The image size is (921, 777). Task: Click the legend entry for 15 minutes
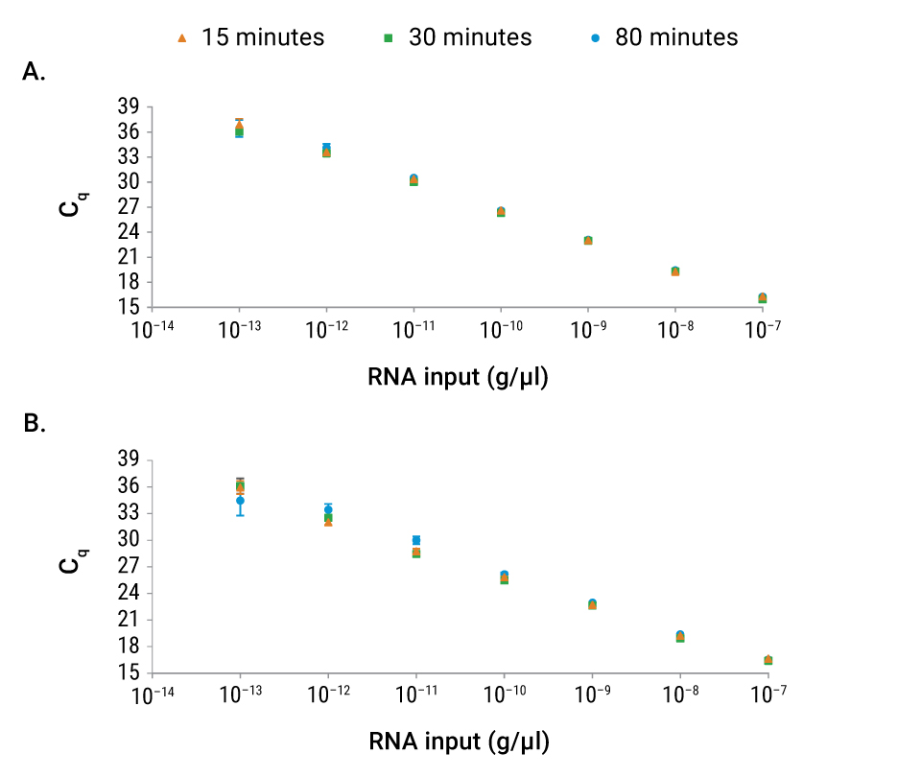[252, 37]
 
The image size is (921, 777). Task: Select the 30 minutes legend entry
[459, 37]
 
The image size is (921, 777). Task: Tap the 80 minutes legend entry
[665, 37]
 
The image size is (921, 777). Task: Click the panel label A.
[34, 73]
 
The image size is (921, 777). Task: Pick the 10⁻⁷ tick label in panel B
[768, 696]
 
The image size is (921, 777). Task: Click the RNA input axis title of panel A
[458, 377]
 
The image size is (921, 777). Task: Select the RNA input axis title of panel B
[458, 742]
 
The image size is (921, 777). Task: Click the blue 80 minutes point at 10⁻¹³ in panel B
[240, 501]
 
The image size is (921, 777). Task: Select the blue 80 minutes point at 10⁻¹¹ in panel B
[416, 540]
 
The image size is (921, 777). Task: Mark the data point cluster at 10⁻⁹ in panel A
[588, 240]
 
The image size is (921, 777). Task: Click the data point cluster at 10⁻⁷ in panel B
[768, 660]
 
